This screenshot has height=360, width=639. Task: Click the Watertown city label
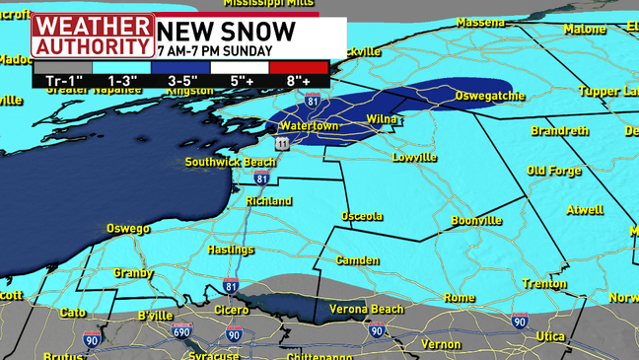pos(309,126)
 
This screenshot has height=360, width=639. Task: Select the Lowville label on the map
pos(414,157)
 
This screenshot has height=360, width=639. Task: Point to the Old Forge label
pos(554,171)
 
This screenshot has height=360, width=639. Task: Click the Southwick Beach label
pos(231,162)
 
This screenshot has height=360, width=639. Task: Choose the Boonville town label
pos(477,221)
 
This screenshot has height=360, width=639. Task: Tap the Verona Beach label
pos(366,310)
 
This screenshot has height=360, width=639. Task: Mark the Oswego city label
pos(128,229)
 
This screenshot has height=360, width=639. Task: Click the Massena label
pos(480,22)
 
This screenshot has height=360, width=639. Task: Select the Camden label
pos(357,260)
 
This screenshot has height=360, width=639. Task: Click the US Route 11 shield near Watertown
pos(283,144)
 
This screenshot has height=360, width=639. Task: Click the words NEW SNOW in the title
pos(226,31)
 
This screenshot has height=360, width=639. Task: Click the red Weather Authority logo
pos(92,36)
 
